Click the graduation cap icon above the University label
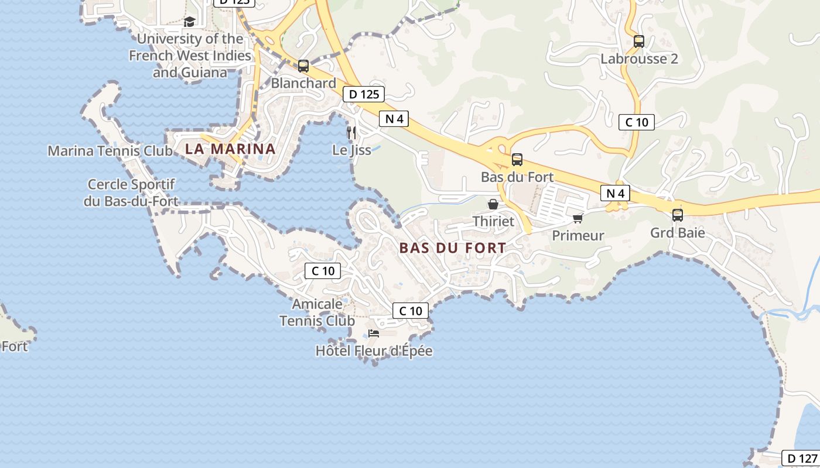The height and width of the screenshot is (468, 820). coord(189,22)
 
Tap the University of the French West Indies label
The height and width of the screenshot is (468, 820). coord(190,56)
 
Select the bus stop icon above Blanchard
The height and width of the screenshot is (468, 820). coord(303,66)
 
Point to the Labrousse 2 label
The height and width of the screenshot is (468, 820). coord(639,58)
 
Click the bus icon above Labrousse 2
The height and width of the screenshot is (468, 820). coord(638,42)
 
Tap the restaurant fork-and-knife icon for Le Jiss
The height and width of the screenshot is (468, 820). coord(351,132)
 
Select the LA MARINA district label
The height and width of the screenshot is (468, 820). coord(230,149)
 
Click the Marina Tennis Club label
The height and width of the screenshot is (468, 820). coord(110,151)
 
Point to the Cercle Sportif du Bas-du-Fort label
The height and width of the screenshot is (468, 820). coord(131,193)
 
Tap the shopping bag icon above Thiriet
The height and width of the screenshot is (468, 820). coord(493,204)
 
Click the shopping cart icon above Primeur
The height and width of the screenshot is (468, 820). coord(578,218)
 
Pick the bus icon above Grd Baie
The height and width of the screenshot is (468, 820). coord(677,215)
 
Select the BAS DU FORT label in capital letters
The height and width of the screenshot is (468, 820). coord(452,248)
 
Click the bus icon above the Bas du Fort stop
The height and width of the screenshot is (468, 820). coord(517,159)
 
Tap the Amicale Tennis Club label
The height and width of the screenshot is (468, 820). coord(317,312)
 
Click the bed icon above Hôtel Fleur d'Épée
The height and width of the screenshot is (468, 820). coord(374,334)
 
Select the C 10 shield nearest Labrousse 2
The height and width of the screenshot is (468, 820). coord(636,122)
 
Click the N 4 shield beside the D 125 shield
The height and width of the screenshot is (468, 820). coord(394,119)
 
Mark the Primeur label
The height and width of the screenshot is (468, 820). coord(578,236)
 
